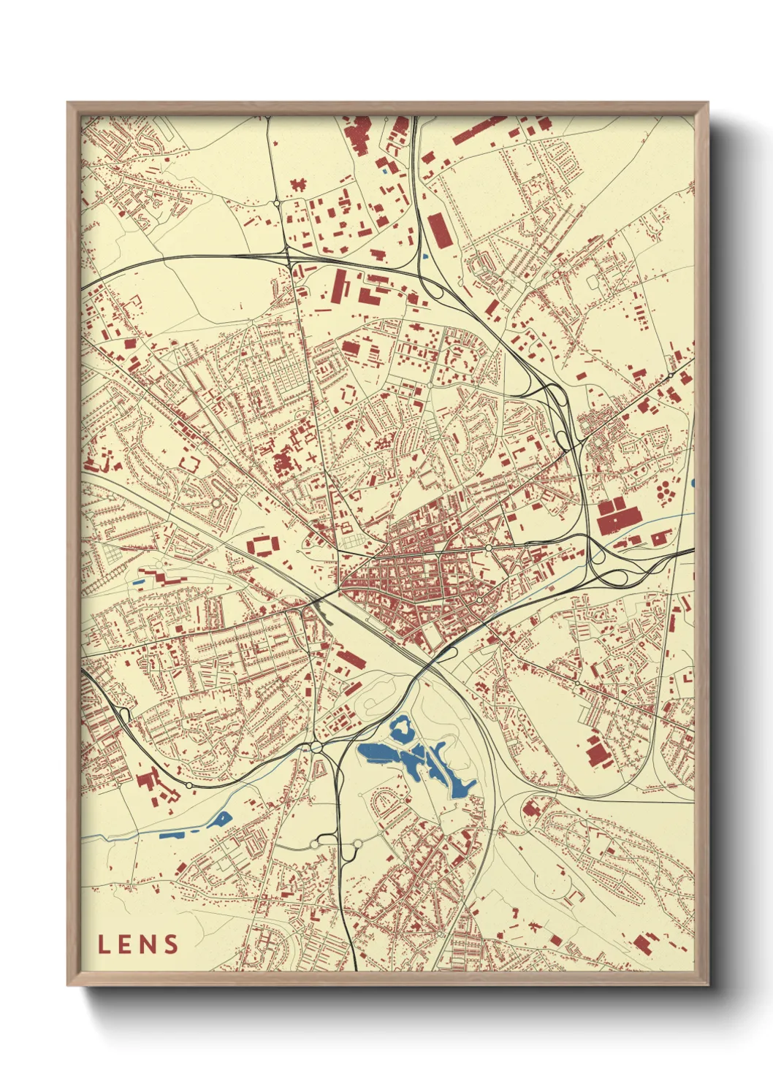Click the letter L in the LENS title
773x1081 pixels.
pos(104,944)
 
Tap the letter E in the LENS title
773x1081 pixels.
pos(125,944)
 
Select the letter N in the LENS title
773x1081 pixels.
pos(148,944)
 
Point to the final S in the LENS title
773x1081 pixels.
pos(171,944)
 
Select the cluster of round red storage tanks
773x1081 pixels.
pos(665,491)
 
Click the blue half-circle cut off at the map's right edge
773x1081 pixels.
pos(691,483)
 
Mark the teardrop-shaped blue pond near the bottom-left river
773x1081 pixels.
pos(221,818)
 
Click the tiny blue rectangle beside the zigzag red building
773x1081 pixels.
pos(138,581)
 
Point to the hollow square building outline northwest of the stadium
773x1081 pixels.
pos(189,464)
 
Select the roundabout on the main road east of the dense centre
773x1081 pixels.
pos(489,547)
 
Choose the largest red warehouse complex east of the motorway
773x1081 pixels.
pos(616,516)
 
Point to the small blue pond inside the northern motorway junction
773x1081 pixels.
pos(424,256)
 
